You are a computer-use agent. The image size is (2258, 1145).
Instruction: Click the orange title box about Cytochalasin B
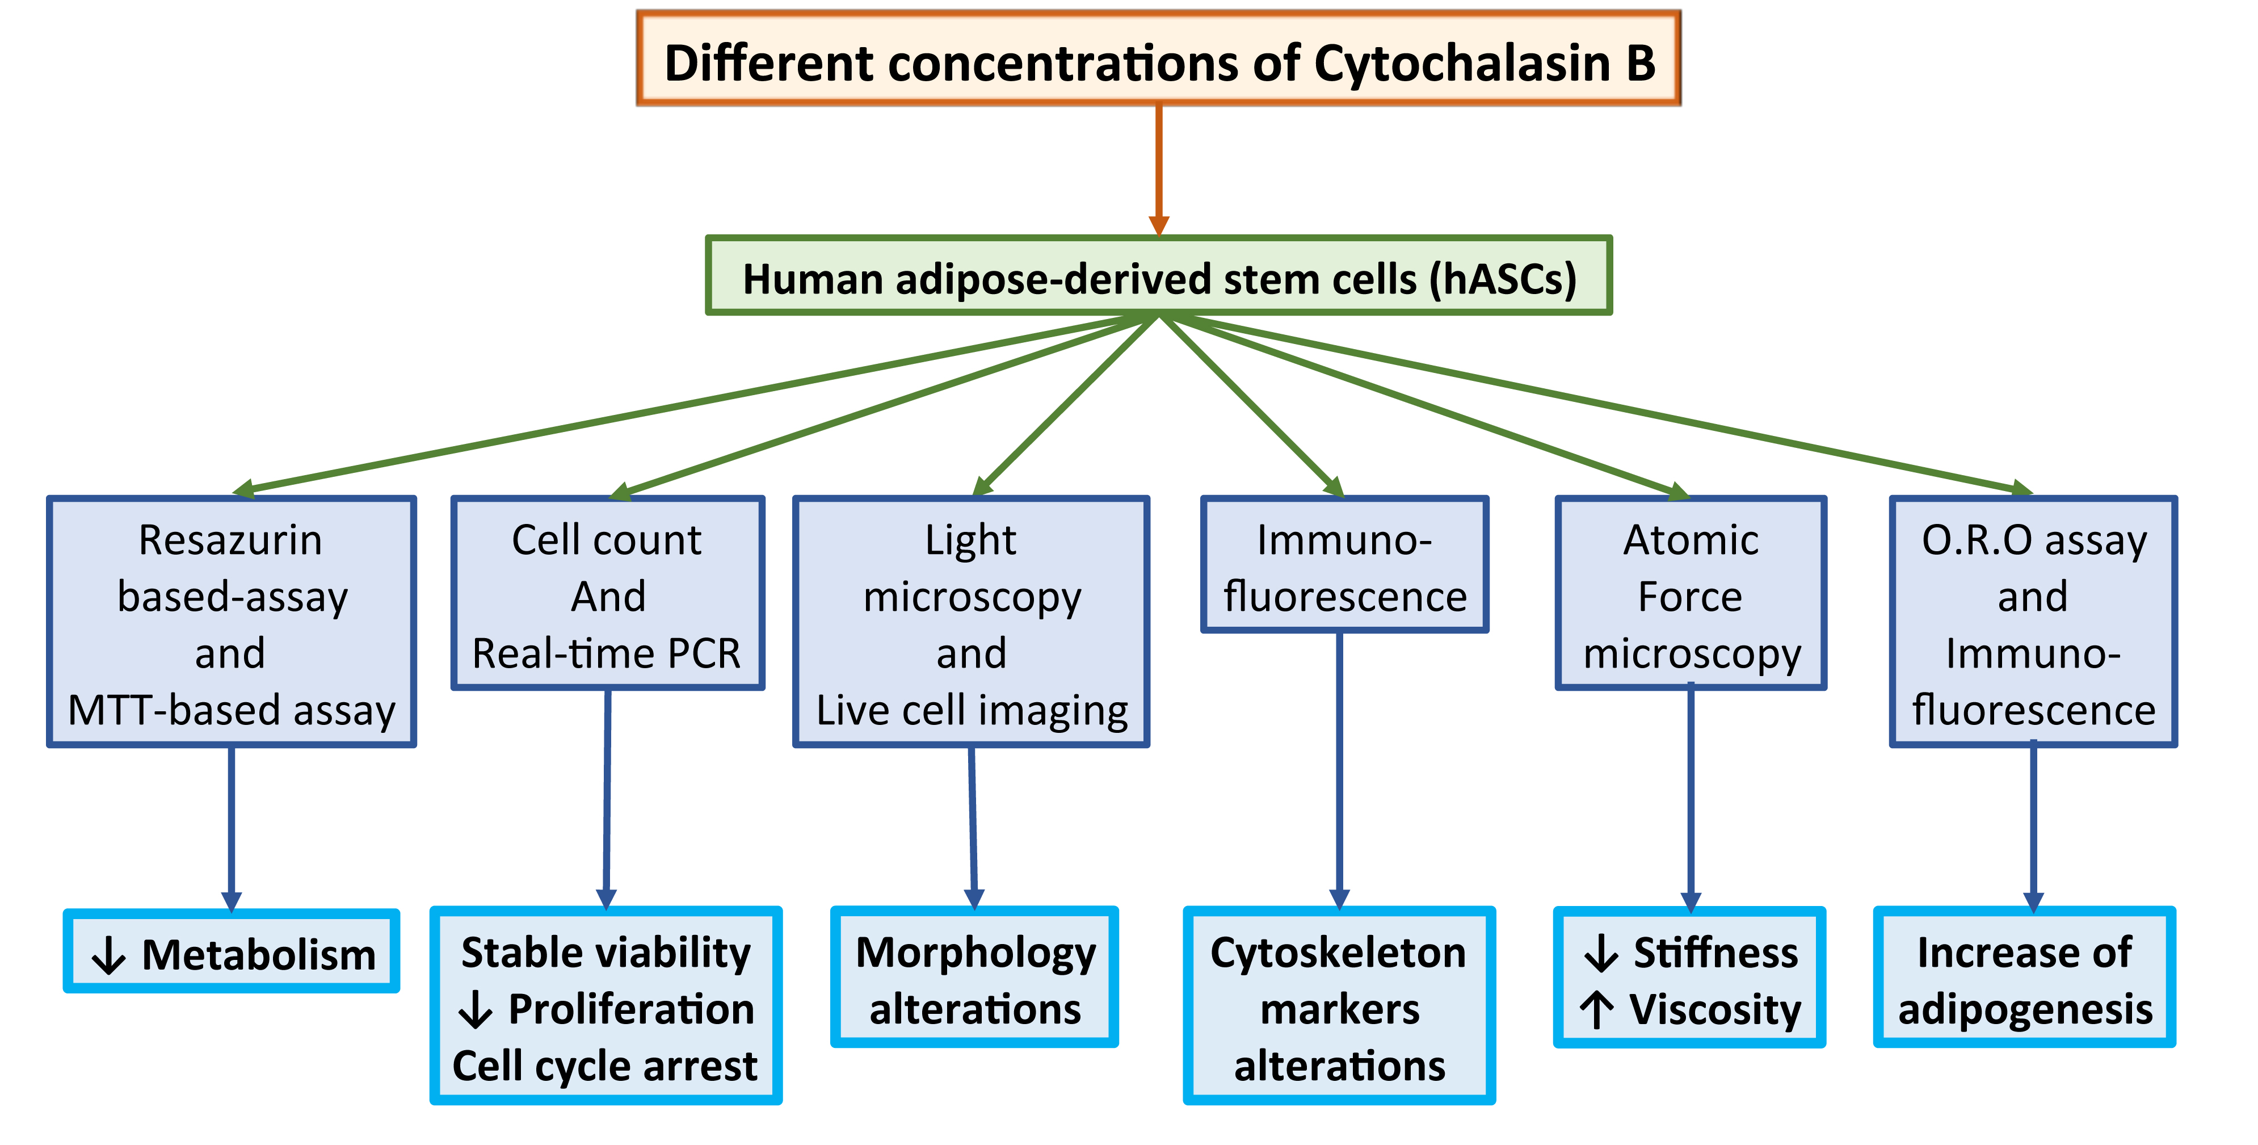point(1158,60)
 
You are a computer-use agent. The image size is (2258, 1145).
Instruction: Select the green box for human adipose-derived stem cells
point(1158,276)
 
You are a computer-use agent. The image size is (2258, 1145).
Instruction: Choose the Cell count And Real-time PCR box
point(607,594)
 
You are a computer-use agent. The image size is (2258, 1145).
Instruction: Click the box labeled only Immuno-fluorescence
point(1344,565)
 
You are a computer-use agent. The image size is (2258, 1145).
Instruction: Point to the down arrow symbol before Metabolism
point(109,955)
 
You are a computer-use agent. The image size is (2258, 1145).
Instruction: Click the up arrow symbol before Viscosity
point(1597,1010)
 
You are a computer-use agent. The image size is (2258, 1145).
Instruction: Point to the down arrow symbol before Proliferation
point(475,1010)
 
